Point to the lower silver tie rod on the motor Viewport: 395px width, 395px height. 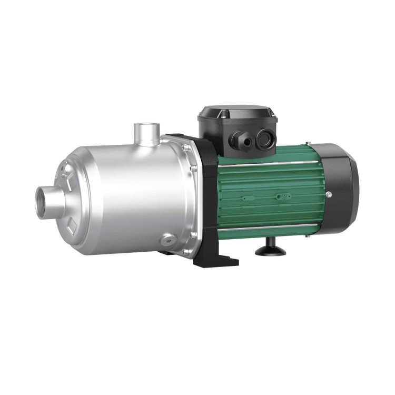(269, 228)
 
